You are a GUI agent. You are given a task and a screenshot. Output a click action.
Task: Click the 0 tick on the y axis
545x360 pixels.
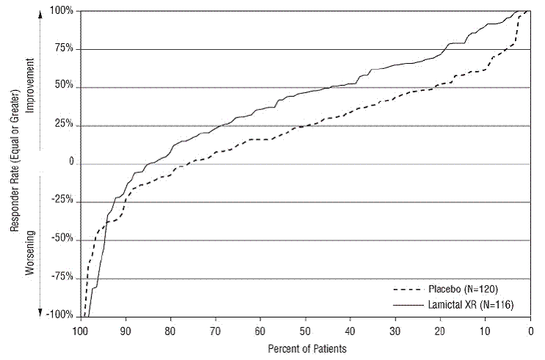[x=71, y=163]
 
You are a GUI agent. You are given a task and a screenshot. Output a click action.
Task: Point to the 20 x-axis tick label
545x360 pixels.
[x=441, y=330]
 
